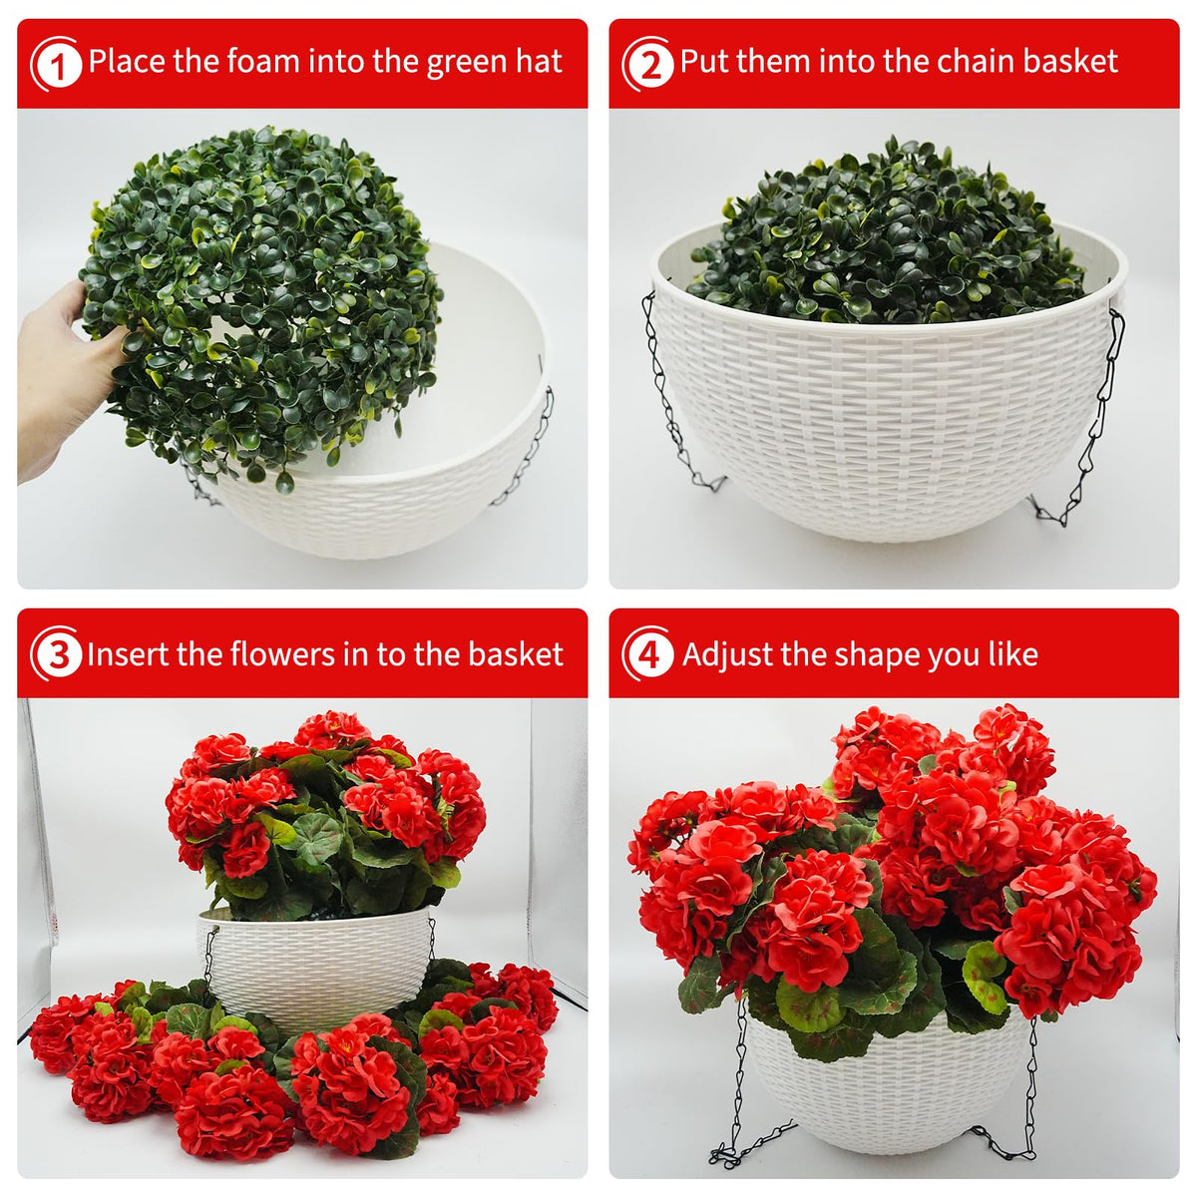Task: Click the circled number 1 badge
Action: pyautogui.click(x=57, y=64)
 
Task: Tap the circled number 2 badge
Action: pyautogui.click(x=648, y=64)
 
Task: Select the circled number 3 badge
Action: pyautogui.click(x=57, y=654)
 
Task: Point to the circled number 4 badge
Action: pyautogui.click(x=648, y=654)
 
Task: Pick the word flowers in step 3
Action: pyautogui.click(x=285, y=654)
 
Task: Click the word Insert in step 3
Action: pyautogui.click(x=128, y=654)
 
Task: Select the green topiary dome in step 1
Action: pyautogui.click(x=261, y=304)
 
